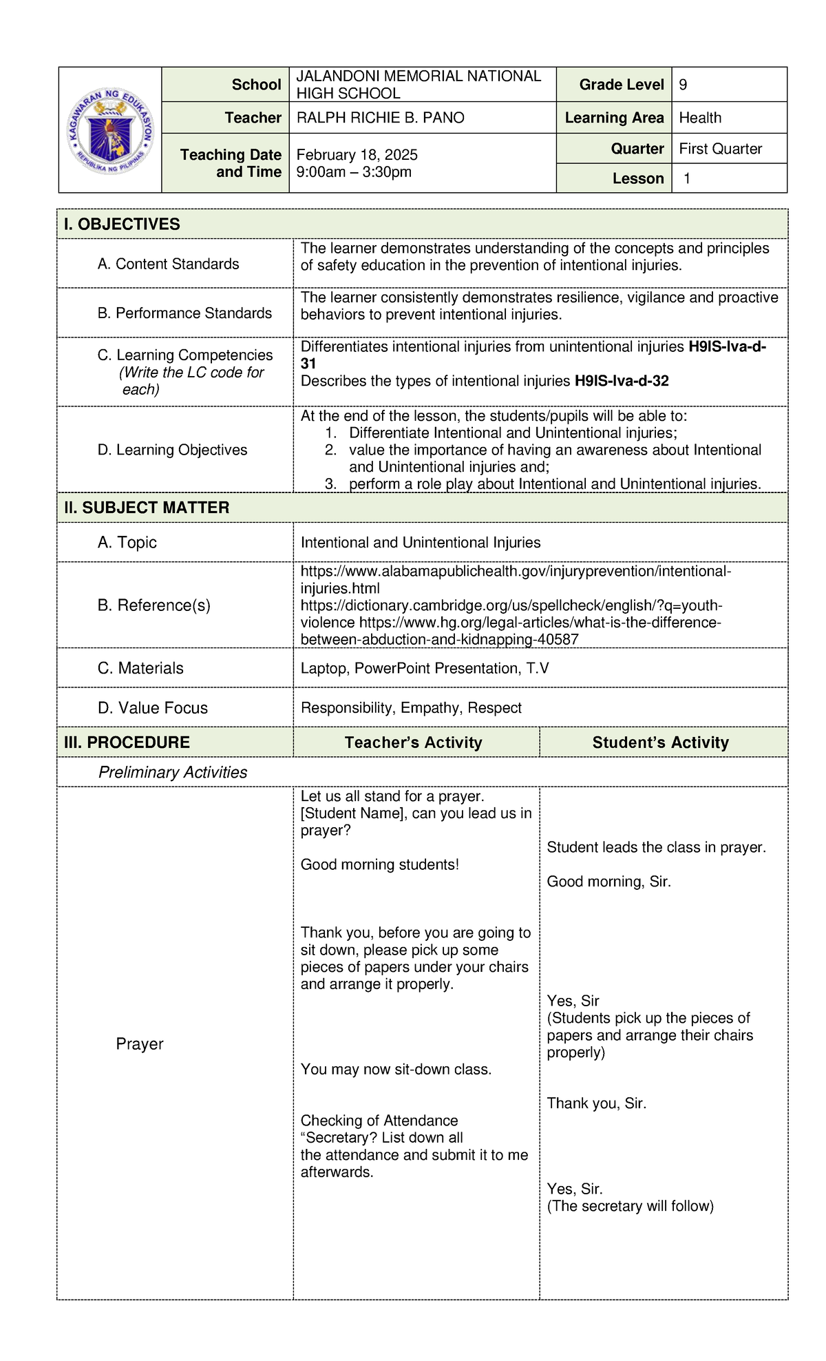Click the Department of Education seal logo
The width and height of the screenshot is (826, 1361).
(x=110, y=129)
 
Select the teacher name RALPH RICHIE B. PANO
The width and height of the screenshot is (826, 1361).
(x=380, y=118)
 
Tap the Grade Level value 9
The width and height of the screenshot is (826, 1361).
(x=683, y=85)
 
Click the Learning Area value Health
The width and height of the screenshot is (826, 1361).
(x=700, y=118)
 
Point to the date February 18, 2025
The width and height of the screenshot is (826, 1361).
(x=357, y=154)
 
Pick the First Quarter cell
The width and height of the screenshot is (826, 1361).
(x=720, y=149)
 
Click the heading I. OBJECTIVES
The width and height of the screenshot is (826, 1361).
(x=122, y=224)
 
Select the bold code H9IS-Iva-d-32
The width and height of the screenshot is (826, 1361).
(x=622, y=381)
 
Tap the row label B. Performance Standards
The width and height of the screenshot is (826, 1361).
(x=184, y=313)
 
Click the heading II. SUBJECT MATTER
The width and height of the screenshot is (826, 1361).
(x=147, y=508)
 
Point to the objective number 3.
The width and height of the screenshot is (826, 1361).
(x=331, y=484)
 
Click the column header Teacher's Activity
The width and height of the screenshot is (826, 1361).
(x=413, y=742)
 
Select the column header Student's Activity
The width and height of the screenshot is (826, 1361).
(x=660, y=742)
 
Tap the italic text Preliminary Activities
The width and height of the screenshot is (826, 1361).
(x=173, y=772)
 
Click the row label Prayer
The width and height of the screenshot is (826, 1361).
(x=140, y=1043)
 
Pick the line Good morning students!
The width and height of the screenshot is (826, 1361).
(x=379, y=864)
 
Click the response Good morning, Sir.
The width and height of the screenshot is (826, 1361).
(x=608, y=882)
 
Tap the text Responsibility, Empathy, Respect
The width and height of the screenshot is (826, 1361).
(x=411, y=707)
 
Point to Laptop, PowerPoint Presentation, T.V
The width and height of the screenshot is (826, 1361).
(x=424, y=668)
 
